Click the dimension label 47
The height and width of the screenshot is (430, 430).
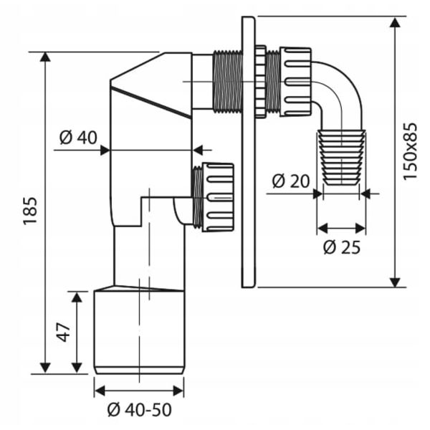[62, 332]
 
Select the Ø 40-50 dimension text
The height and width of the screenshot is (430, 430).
[139, 411]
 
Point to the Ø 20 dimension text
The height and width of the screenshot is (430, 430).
[290, 181]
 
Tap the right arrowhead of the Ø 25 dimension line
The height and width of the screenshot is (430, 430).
[363, 229]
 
